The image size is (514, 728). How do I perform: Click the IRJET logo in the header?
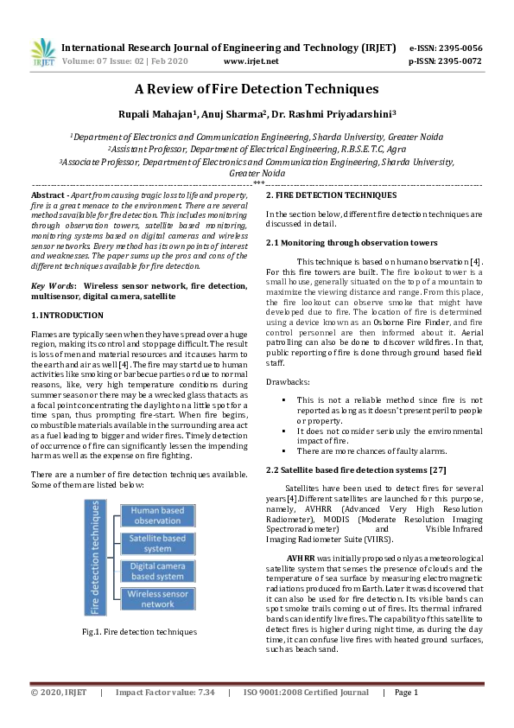click(42, 53)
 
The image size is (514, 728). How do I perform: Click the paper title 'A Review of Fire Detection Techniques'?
click(257, 88)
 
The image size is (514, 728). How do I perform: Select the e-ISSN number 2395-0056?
click(458, 48)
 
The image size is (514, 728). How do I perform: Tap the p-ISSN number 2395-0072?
click(458, 61)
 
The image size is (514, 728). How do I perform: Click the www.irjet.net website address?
click(251, 61)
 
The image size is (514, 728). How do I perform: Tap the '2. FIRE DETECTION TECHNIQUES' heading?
click(332, 195)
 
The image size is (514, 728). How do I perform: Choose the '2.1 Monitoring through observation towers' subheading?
click(351, 243)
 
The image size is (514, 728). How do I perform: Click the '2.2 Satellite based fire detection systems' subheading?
click(356, 469)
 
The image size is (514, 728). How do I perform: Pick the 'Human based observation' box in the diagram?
click(157, 515)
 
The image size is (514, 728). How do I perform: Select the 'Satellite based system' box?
click(157, 543)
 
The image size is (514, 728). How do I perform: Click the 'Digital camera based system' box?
click(157, 571)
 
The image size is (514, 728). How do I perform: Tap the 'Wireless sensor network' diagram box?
click(157, 598)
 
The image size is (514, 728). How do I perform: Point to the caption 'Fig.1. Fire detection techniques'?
click(139, 632)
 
